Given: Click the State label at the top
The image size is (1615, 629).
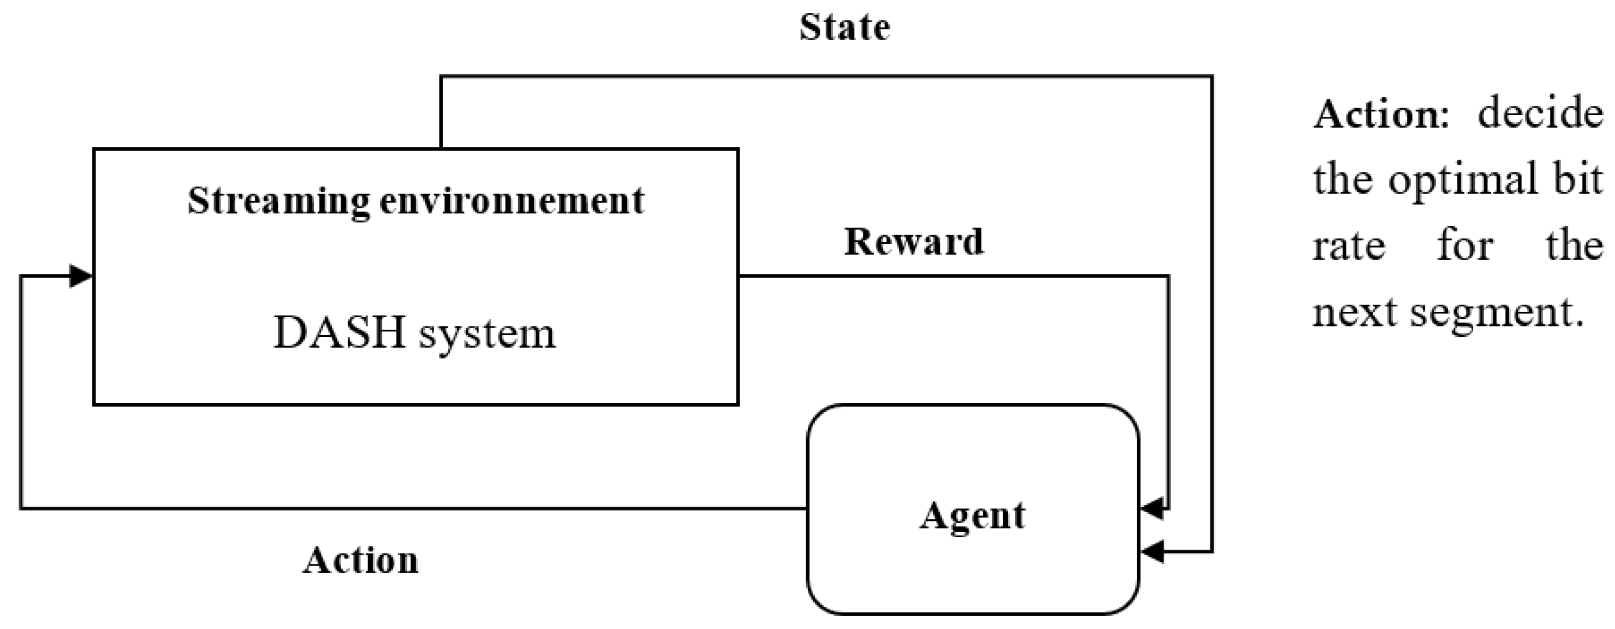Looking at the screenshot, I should (844, 28).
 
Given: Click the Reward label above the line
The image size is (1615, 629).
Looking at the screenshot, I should (914, 242).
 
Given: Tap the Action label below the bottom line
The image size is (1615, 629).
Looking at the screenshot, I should (361, 561).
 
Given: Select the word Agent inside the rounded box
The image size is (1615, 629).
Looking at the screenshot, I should (972, 517).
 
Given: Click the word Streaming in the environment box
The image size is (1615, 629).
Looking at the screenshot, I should (278, 202).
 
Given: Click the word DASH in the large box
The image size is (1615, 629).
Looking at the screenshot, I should (339, 332).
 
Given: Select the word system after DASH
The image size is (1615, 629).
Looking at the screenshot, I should (487, 334).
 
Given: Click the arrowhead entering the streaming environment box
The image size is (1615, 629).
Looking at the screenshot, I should (80, 276).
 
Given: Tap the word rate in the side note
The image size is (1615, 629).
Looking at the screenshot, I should (1349, 246).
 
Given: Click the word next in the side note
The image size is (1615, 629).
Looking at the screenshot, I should (1354, 312).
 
